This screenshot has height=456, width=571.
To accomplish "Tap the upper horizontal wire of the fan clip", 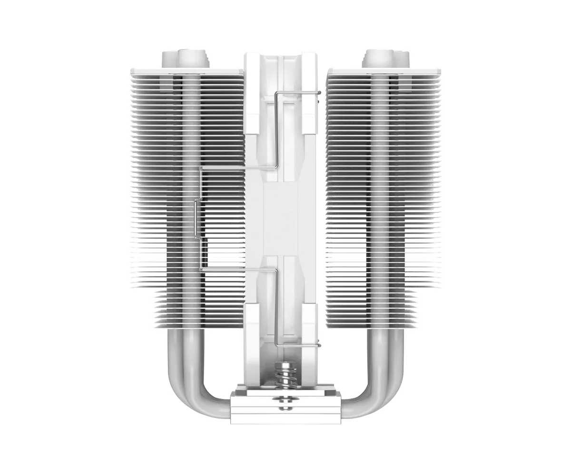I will point(238,167).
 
